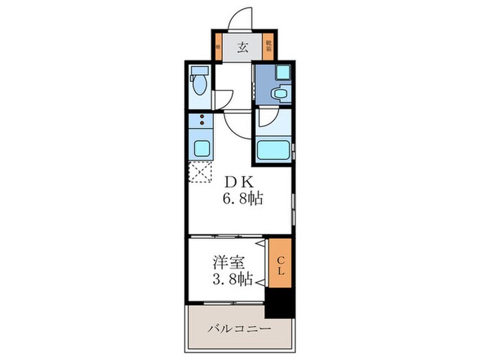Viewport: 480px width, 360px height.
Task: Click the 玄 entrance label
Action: [x=242, y=47]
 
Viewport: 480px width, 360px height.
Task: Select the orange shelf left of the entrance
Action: [x=217, y=47]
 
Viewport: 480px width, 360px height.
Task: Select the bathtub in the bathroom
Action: [x=273, y=150]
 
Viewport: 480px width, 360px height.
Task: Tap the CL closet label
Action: [x=280, y=264]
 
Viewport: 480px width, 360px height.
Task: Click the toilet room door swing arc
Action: [x=224, y=99]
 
